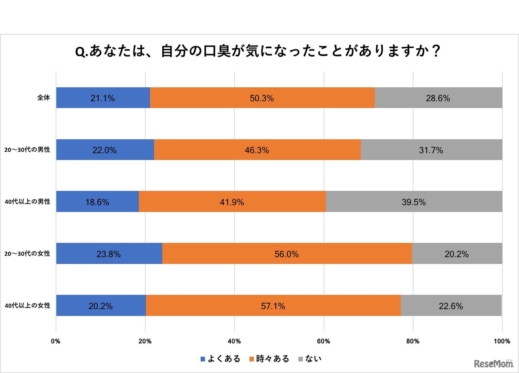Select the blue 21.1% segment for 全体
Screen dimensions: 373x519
tap(103, 98)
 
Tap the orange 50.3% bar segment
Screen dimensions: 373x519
tap(262, 98)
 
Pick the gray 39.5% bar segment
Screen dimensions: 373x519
tap(414, 202)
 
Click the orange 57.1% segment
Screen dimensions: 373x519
tap(273, 306)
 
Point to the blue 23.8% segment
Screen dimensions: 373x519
tap(109, 254)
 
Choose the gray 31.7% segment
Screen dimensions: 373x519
tap(431, 150)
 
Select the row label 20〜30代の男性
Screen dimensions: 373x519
tap(27, 150)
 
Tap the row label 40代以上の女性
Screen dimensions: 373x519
tap(27, 306)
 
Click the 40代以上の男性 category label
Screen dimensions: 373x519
tap(27, 202)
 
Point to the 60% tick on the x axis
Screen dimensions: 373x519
tap(324, 341)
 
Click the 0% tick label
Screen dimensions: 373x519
tap(56, 341)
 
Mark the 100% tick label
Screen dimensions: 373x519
tap(502, 341)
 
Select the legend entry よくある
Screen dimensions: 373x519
tap(221, 359)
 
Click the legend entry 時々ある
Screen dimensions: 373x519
tap(269, 359)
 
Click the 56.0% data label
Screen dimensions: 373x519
tap(287, 254)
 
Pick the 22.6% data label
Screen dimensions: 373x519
tap(451, 306)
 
